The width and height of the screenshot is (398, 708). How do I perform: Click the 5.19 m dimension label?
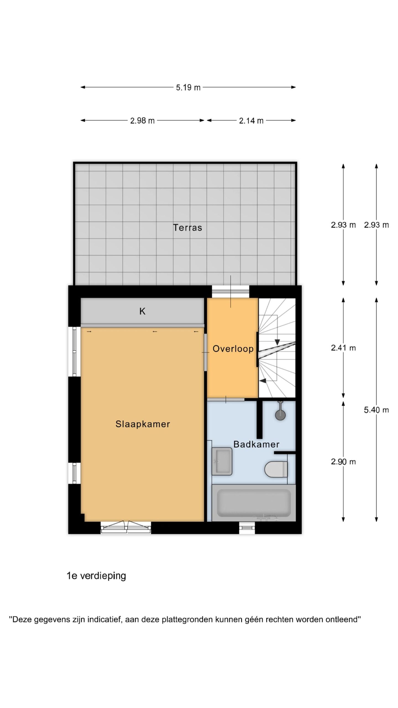pyautogui.click(x=188, y=88)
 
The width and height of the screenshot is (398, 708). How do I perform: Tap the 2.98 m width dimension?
pyautogui.click(x=142, y=121)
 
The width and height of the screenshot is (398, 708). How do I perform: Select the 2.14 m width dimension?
pyautogui.click(x=251, y=121)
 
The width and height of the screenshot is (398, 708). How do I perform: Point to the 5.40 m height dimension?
pyautogui.click(x=376, y=410)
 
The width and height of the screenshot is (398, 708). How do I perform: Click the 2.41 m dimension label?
pyautogui.click(x=343, y=348)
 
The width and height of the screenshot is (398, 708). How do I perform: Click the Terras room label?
pyautogui.click(x=187, y=228)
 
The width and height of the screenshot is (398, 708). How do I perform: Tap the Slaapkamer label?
pyautogui.click(x=143, y=424)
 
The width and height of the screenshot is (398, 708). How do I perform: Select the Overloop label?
pyautogui.click(x=233, y=349)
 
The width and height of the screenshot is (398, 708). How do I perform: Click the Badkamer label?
pyautogui.click(x=256, y=444)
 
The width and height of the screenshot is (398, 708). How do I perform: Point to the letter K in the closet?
pyautogui.click(x=142, y=311)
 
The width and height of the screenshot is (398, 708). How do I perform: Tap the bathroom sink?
pyautogui.click(x=222, y=461)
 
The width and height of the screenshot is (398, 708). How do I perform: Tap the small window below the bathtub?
pyautogui.click(x=247, y=527)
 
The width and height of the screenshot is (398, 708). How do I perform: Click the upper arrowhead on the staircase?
pyautogui.click(x=277, y=342)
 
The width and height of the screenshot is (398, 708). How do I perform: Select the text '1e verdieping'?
pyautogui.click(x=96, y=576)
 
